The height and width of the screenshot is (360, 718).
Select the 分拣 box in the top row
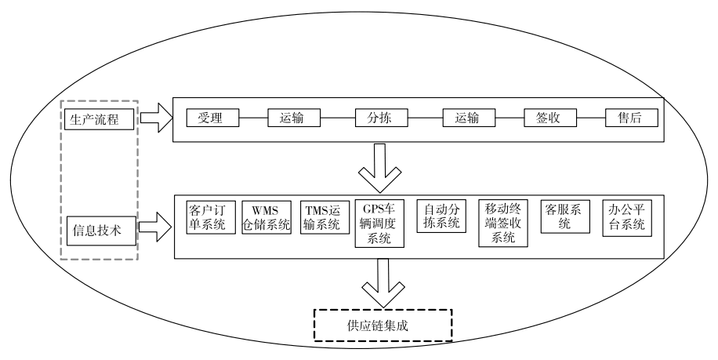point(382,119)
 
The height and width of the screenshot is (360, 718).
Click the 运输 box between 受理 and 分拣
point(296,119)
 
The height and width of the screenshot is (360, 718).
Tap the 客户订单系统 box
point(207,217)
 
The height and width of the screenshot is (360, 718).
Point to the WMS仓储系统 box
point(266,217)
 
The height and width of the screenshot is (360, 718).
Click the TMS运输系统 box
point(323,217)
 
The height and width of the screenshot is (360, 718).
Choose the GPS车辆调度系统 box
point(379,224)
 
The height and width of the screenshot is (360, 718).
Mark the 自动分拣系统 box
point(442,217)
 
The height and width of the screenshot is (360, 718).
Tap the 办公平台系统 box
point(628,217)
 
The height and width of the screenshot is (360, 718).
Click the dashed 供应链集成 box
point(383,324)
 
